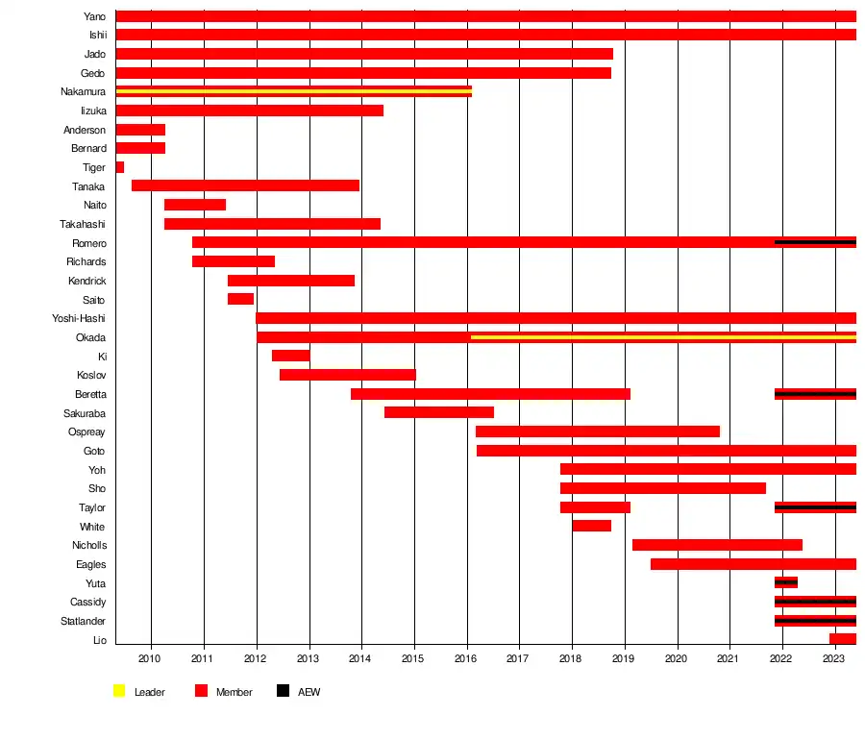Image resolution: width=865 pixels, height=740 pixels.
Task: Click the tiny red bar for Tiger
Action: (120, 167)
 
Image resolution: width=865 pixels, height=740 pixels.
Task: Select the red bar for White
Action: (591, 526)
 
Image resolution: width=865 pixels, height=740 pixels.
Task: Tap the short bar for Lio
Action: (842, 639)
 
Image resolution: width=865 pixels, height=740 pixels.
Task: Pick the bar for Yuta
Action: (785, 582)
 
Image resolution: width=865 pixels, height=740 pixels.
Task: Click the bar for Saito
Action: (240, 299)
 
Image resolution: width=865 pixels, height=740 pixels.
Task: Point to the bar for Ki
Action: (290, 356)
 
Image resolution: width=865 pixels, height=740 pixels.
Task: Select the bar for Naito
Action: (195, 205)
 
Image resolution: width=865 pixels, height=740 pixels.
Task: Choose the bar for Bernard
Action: (140, 148)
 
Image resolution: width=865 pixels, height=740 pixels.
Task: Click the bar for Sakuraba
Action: (439, 412)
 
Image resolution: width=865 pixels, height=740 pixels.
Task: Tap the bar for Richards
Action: (234, 261)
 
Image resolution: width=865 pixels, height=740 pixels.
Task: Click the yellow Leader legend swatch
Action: (119, 691)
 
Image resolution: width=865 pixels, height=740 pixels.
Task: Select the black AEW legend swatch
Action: (283, 691)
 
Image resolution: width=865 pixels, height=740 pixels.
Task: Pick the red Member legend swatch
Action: (201, 691)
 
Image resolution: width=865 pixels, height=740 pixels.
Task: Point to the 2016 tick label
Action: (465, 658)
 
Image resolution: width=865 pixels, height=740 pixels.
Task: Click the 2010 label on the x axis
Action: (149, 658)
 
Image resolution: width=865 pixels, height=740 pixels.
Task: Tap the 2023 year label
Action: (833, 658)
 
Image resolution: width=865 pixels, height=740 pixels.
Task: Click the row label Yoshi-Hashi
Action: (79, 318)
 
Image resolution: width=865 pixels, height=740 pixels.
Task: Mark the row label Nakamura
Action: (82, 91)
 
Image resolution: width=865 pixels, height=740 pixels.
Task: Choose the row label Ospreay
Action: (86, 432)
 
